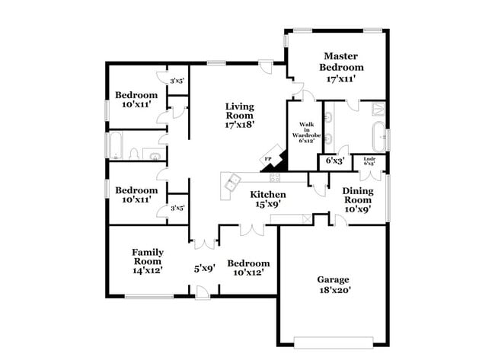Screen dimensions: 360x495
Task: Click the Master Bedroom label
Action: (x=340, y=67)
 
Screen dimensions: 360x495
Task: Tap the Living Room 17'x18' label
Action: (x=239, y=115)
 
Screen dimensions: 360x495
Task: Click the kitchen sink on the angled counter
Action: (x=230, y=180)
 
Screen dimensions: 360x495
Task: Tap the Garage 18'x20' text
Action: (x=334, y=285)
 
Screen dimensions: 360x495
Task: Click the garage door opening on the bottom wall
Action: (x=334, y=339)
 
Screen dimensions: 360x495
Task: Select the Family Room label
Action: (x=148, y=260)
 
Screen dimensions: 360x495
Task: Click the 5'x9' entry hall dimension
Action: (x=203, y=268)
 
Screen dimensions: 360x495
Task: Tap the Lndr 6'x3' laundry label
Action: (x=370, y=161)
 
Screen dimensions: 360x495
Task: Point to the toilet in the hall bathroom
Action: (x=135, y=155)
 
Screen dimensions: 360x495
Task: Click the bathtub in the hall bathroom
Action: (x=117, y=145)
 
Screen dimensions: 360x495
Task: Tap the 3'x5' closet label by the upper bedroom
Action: (x=177, y=81)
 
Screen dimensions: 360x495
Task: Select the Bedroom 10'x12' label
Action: (x=248, y=267)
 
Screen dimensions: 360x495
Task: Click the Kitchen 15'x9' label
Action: (x=267, y=199)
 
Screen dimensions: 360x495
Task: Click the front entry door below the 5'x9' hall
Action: (x=199, y=293)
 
